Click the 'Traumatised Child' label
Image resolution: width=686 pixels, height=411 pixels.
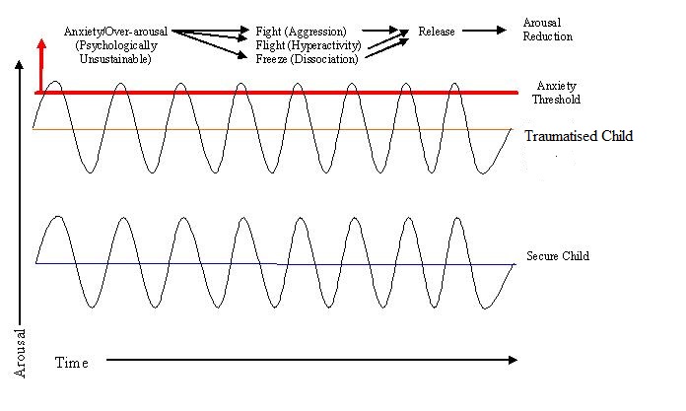coord(579,136)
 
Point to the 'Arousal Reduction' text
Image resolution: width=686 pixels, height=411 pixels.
coord(549,30)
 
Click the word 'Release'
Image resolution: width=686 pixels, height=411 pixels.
coord(437,32)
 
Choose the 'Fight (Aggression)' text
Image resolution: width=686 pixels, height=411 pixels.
coord(301,32)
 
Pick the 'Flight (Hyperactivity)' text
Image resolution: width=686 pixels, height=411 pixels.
coord(308,45)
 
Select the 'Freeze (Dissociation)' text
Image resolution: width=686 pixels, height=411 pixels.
coord(306,59)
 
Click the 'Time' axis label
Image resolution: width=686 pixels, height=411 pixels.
coord(71,363)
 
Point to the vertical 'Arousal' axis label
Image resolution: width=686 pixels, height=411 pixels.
coord(20,353)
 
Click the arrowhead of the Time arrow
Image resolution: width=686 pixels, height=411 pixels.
coord(512,361)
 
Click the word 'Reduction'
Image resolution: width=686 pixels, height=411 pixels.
coord(549,36)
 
